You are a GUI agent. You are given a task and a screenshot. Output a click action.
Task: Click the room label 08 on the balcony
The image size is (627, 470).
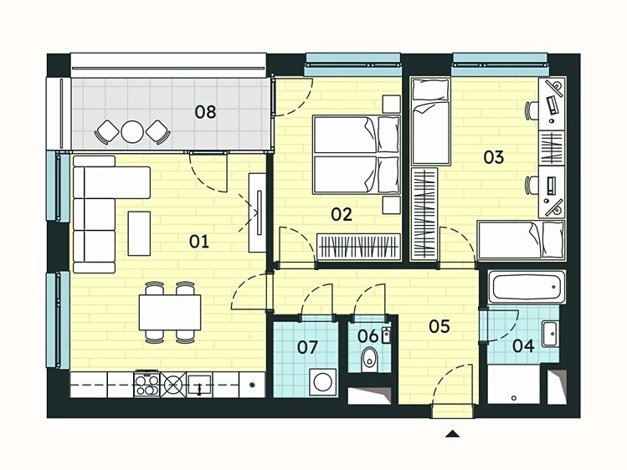(205, 112)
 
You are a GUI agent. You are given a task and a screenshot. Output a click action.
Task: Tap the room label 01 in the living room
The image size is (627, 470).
(198, 242)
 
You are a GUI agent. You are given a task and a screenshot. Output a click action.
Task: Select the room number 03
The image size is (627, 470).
(493, 157)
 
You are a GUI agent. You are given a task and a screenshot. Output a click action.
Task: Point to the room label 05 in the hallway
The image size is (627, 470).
(439, 326)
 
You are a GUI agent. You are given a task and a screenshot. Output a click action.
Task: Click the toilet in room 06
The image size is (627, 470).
(368, 360)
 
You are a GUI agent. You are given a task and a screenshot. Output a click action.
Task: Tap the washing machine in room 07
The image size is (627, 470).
(322, 382)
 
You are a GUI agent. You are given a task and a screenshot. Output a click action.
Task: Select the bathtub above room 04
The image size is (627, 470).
(527, 287)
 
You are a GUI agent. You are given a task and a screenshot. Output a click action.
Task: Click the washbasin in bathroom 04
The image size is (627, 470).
(550, 334)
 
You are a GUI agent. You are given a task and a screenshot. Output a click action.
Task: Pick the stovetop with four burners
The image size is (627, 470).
(146, 384)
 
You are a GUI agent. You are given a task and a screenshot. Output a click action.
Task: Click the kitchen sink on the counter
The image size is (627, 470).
(199, 385)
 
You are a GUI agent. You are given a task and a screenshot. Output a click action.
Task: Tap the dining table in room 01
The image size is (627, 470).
(170, 312)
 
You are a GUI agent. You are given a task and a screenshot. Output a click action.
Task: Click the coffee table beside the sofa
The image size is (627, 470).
(139, 233)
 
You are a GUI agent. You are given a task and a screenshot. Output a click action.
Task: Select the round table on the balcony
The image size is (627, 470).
(132, 131)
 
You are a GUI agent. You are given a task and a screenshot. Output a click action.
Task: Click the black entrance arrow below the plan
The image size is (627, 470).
(452, 434)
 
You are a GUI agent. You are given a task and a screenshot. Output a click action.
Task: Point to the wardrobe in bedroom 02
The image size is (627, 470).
(358, 246)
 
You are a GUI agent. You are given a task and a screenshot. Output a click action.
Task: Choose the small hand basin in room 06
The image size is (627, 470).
(385, 335)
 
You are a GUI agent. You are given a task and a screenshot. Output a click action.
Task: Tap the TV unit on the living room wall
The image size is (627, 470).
(257, 212)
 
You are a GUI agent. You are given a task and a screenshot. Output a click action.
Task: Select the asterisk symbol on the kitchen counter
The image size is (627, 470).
(252, 385)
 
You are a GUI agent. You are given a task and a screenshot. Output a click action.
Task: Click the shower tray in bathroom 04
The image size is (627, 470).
(513, 384)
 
